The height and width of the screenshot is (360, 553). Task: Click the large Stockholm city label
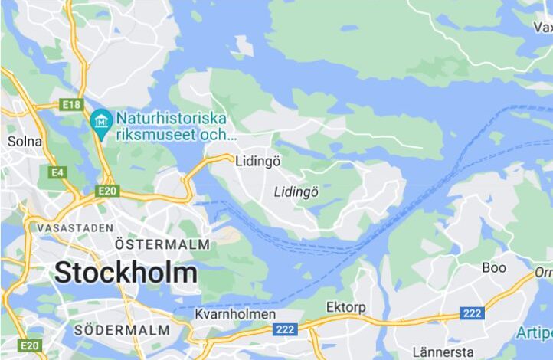click(x=126, y=273)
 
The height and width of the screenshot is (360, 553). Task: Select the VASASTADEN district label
click(x=70, y=228)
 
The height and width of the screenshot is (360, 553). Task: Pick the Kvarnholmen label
click(x=235, y=315)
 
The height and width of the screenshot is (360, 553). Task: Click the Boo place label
click(x=494, y=267)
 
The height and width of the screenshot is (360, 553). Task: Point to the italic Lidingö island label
click(x=296, y=191)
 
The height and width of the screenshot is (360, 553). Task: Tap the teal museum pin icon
click(x=99, y=119)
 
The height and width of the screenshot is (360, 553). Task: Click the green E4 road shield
click(x=57, y=172)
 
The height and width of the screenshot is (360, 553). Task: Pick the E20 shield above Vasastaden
click(x=106, y=190)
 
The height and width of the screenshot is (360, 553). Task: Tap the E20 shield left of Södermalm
click(x=30, y=345)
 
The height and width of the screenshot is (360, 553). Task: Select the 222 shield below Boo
click(x=472, y=313)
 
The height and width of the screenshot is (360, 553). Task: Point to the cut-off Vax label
click(x=543, y=27)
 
